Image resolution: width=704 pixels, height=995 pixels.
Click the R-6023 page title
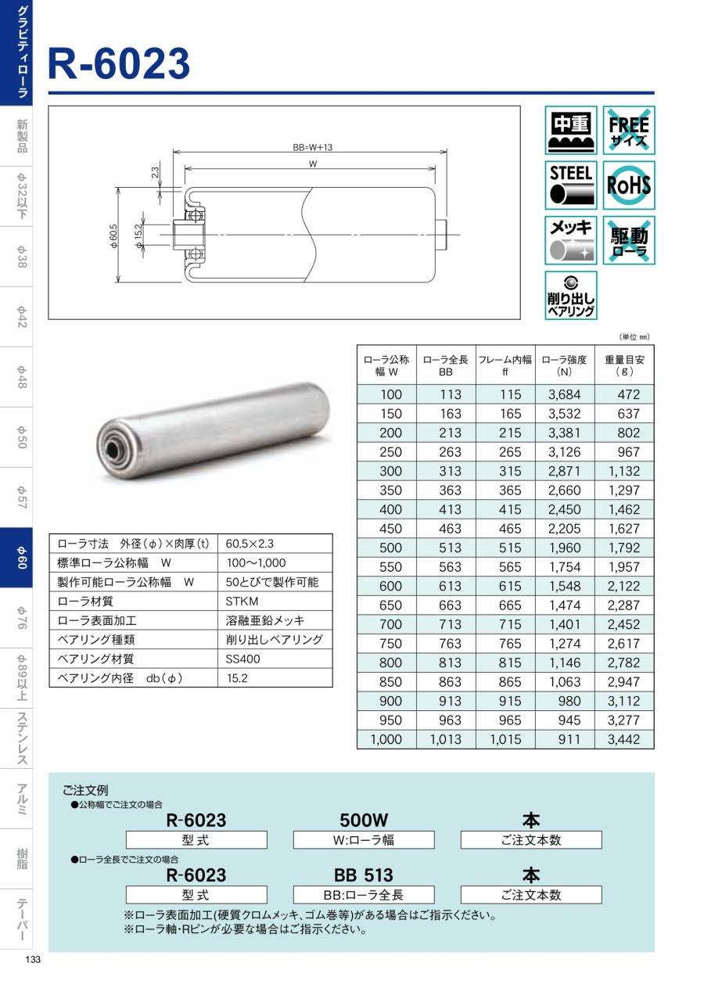click(x=119, y=63)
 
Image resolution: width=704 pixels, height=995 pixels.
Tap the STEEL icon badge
click(x=571, y=185)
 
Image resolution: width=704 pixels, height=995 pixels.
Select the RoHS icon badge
click(x=628, y=185)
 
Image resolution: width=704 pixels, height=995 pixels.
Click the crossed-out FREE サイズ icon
click(x=628, y=130)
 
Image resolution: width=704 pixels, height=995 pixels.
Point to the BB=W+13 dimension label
click(x=312, y=148)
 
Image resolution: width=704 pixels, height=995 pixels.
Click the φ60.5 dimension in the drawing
click(x=113, y=235)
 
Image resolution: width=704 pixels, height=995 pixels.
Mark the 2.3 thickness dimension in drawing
click(x=155, y=173)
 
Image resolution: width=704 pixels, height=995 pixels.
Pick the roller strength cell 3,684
click(x=564, y=394)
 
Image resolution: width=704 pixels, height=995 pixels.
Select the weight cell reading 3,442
click(x=623, y=739)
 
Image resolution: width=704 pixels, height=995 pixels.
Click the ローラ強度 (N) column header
click(x=564, y=365)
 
